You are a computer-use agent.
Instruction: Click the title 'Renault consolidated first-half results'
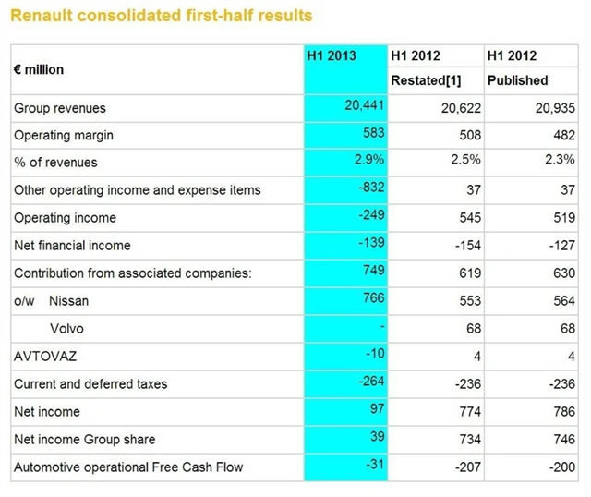(x=161, y=16)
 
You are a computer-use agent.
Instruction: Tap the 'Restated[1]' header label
(x=426, y=80)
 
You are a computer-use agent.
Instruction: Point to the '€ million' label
(x=39, y=68)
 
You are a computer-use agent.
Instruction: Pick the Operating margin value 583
(x=372, y=133)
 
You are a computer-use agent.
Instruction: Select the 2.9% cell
(x=369, y=161)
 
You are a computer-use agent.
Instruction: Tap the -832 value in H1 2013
(x=370, y=188)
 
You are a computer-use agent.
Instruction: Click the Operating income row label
(x=65, y=218)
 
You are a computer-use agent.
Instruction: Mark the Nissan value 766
(x=372, y=299)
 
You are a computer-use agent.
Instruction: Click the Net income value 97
(x=376, y=410)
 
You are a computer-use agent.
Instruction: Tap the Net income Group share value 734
(x=467, y=440)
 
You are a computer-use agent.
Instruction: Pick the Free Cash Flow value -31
(x=373, y=466)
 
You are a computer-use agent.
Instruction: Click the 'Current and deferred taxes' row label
(x=90, y=384)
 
